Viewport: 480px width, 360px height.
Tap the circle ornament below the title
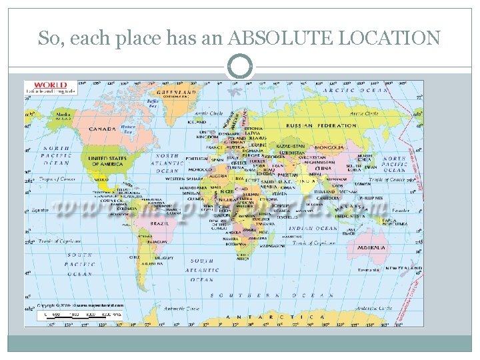click(x=240, y=67)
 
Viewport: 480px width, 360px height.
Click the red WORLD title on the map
click(x=50, y=85)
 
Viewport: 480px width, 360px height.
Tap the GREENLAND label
click(x=176, y=92)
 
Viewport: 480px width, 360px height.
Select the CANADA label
click(x=102, y=129)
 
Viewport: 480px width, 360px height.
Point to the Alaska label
click(x=63, y=114)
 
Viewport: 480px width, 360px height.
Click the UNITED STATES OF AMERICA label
click(x=107, y=161)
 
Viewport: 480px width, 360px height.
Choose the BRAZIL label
click(x=160, y=224)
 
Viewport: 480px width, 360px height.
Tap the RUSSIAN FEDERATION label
click(x=321, y=125)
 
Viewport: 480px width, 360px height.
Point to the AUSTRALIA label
click(x=371, y=247)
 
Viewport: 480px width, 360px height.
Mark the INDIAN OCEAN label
click(x=309, y=229)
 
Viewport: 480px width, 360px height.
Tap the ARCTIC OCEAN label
click(x=355, y=90)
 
